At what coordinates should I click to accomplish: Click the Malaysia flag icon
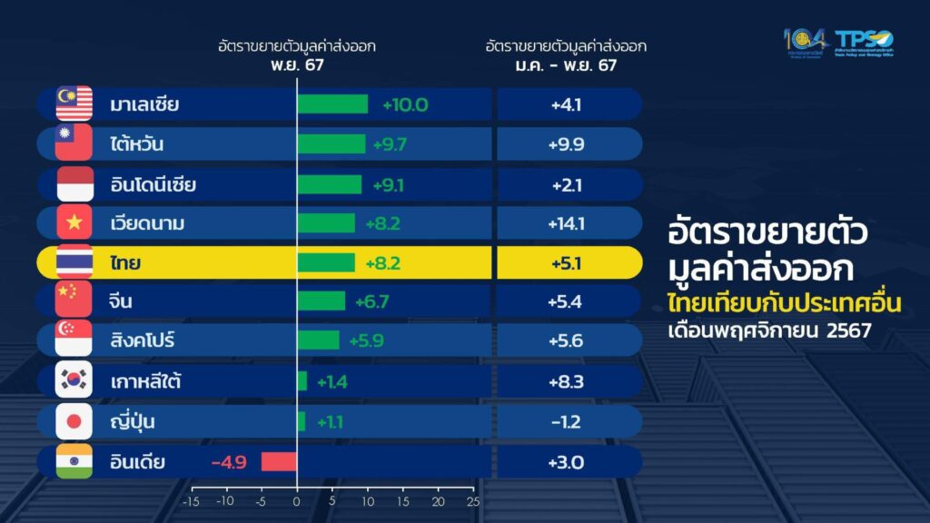74,104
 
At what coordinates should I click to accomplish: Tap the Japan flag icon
74,421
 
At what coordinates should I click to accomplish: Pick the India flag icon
74,461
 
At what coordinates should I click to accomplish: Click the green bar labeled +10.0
332,104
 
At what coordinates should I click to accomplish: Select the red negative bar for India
279,461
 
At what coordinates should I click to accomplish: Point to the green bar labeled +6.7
322,301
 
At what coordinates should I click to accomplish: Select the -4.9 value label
229,462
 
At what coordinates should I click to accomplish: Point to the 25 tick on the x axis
470,501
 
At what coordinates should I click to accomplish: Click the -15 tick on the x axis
191,501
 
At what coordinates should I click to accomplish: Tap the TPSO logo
863,44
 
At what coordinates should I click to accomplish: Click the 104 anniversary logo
805,42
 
